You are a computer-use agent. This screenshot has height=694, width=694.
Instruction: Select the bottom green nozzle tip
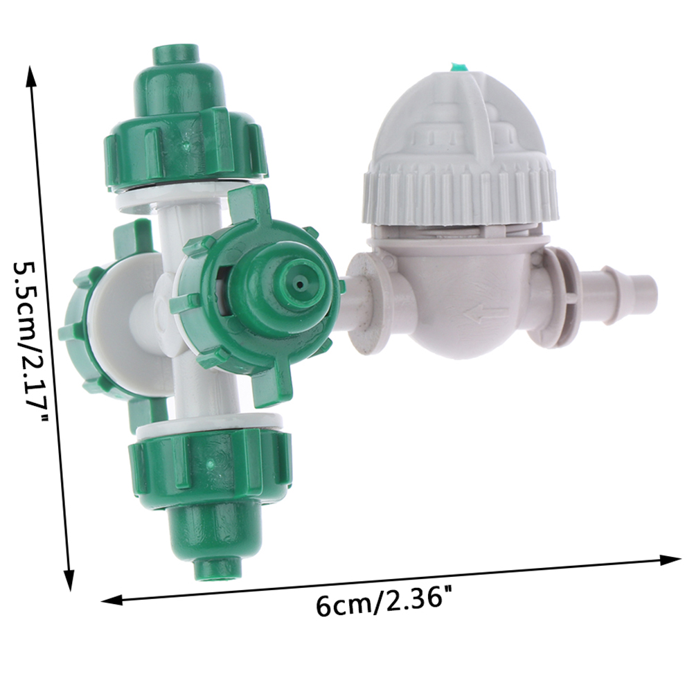click(x=217, y=568)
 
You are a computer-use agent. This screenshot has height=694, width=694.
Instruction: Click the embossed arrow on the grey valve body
click(x=485, y=316)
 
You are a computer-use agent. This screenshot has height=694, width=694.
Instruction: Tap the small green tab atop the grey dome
click(x=459, y=68)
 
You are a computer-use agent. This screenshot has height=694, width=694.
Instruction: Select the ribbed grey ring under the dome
click(x=461, y=195)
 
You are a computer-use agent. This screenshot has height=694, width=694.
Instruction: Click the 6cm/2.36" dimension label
click(x=380, y=601)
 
